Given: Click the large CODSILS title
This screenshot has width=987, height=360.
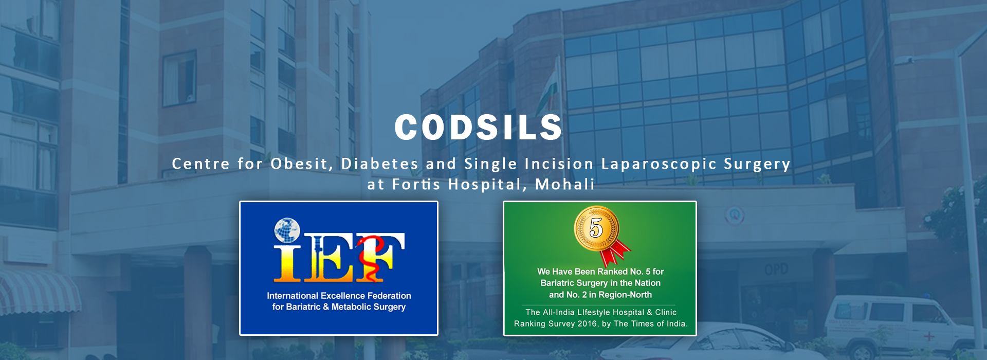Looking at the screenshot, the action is pos(479,127).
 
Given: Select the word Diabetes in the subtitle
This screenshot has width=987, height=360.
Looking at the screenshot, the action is pos(380,164).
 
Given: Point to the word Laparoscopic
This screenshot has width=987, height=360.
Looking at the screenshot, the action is pos(659,165).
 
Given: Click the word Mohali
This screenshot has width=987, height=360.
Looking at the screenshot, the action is pos(565,184).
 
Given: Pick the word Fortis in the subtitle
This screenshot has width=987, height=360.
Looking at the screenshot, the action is pos(416,184).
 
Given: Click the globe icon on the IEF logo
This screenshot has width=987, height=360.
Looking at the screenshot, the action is pos(287,230).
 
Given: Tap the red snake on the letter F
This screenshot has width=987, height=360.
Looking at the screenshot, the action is pos(370,257).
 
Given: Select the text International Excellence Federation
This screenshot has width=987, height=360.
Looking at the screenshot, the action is pos(339,296).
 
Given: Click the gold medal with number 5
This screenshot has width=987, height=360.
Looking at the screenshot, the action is pos(596,227).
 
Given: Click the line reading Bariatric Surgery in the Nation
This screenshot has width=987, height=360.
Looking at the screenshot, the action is pos(600,283).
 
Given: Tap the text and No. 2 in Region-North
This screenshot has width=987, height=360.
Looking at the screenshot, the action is pos(600,295).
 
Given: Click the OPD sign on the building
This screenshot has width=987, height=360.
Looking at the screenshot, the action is pos(776,269).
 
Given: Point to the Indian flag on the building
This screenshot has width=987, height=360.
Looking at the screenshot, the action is pos(547,90).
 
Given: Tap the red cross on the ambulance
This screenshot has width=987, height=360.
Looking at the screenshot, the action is pos(928,336).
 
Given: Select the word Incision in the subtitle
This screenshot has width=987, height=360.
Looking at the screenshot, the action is pos(559,164).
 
